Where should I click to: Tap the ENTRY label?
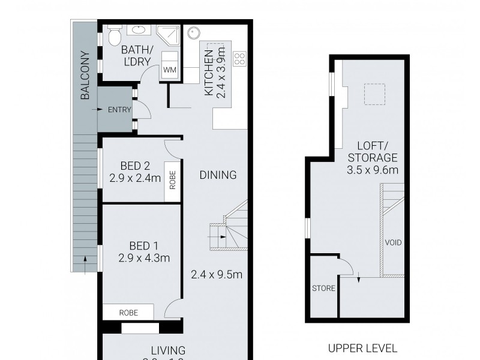[119, 110]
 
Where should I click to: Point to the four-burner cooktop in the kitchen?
[239, 59]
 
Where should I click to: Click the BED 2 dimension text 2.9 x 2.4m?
[135, 178]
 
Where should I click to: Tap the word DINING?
[218, 175]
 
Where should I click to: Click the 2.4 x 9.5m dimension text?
[216, 275]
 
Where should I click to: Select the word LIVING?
[168, 350]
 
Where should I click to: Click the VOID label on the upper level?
[394, 243]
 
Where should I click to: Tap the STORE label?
[323, 288]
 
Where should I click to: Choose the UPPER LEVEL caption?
[362, 348]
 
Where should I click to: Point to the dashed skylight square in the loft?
[374, 94]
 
